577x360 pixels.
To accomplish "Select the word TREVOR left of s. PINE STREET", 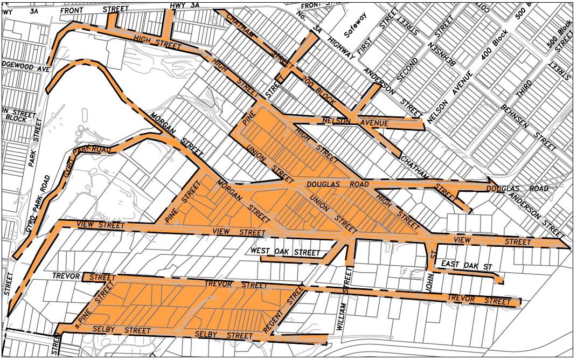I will [x=66, y=276].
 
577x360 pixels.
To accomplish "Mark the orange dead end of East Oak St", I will [x=500, y=280].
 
